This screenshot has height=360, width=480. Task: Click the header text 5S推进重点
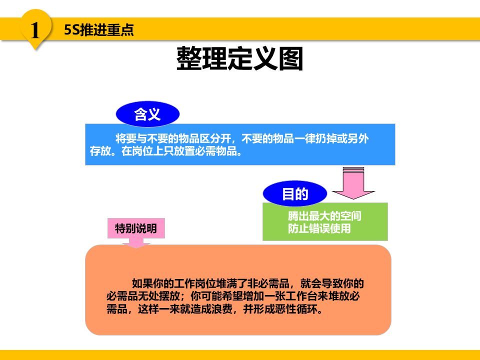pos(99,30)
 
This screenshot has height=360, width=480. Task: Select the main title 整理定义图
pos(240,59)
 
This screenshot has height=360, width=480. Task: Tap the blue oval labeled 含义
pos(147,115)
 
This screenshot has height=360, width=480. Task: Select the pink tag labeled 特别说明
pos(136,229)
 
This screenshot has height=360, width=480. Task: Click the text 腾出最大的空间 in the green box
pos(324,216)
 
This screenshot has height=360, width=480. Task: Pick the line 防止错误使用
pos(319,229)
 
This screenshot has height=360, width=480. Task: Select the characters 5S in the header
pos(70,30)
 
